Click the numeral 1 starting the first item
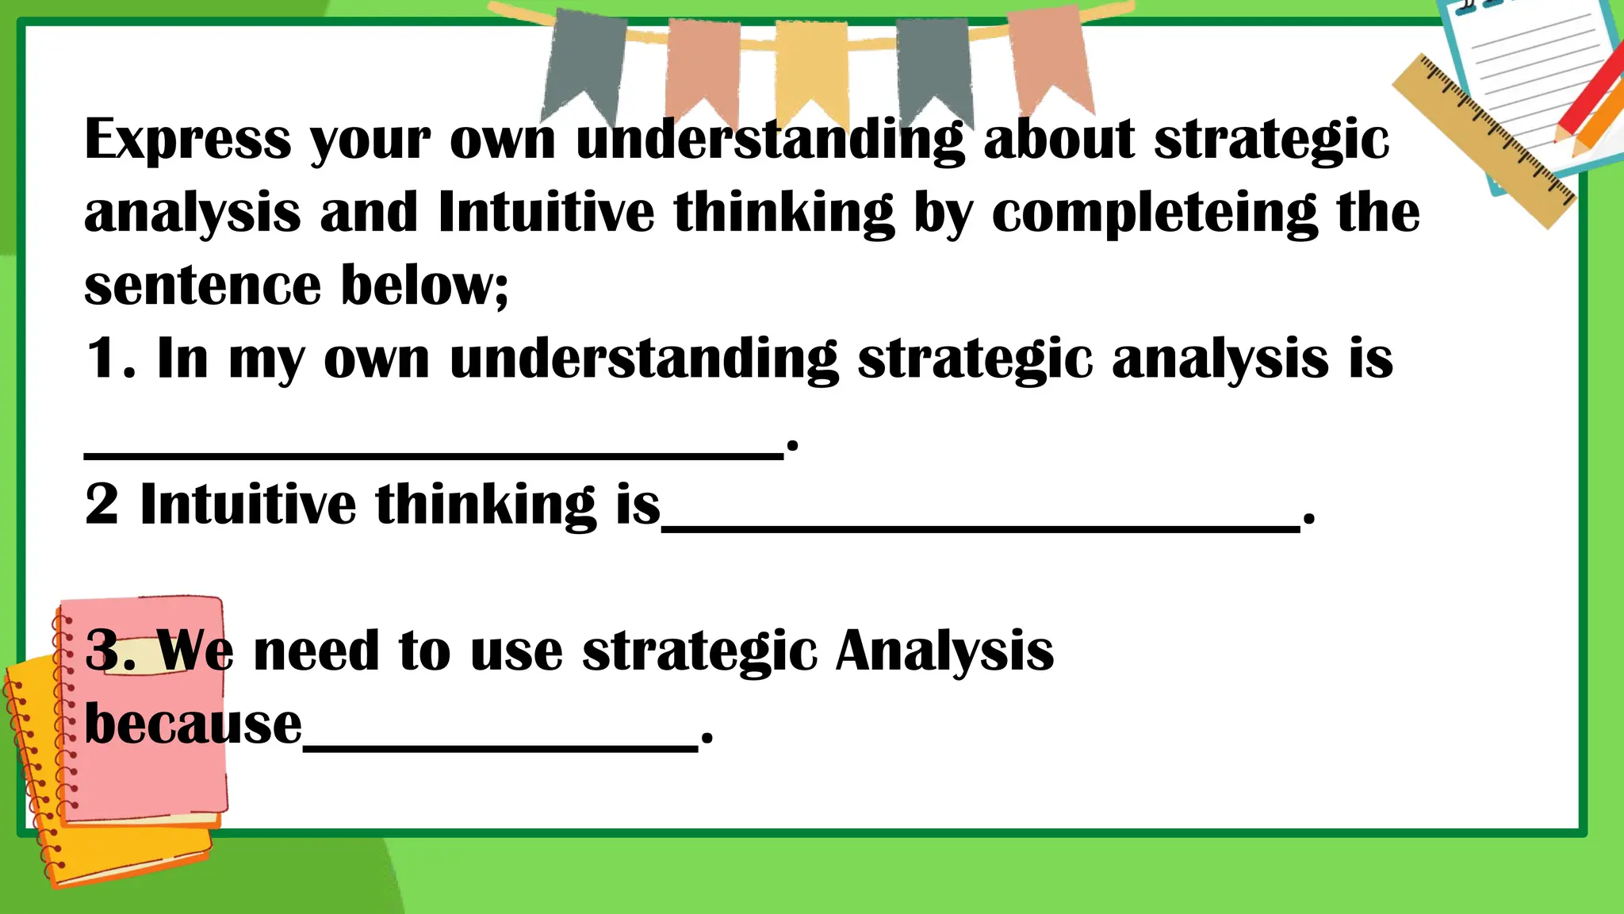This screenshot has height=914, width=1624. coord(103,359)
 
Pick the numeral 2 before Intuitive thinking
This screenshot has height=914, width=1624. coord(101,505)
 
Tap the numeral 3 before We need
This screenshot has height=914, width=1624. coord(103,651)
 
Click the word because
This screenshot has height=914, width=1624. coord(193,724)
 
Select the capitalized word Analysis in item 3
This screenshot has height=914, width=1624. coord(944,651)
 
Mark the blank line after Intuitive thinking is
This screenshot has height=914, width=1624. coord(980,527)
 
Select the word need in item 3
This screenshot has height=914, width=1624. coord(315,651)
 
